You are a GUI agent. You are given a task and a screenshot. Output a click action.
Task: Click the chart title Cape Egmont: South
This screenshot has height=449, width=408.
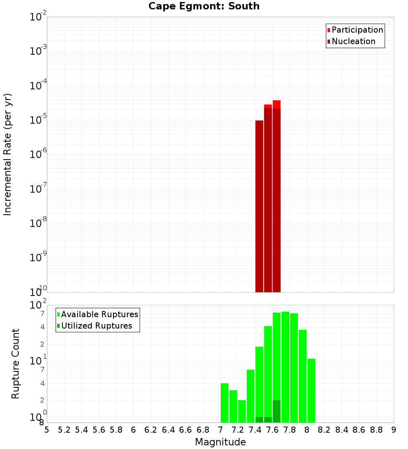[x=204, y=6]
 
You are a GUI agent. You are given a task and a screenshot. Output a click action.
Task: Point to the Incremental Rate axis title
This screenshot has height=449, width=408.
[x=8, y=154]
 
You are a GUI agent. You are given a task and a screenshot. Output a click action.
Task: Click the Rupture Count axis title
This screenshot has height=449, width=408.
[x=16, y=364]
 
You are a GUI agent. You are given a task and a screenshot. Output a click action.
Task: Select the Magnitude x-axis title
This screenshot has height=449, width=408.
[x=220, y=442]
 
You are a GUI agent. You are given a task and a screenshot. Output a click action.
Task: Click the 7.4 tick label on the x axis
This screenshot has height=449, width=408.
[x=255, y=430]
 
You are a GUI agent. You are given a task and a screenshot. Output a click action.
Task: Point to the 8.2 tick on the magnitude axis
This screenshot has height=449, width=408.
[x=324, y=430]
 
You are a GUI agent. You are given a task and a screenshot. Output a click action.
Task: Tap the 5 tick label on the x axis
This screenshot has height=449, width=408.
[x=47, y=430]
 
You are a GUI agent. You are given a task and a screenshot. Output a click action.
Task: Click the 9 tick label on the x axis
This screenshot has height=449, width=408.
[x=394, y=430]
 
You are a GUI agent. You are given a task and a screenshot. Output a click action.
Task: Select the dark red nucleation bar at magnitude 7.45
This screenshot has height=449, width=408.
[x=259, y=204]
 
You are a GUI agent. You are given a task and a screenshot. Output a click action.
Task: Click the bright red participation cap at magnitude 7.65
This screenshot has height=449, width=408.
[x=277, y=104]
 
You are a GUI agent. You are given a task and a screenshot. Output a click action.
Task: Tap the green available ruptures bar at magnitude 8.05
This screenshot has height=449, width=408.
[x=311, y=390]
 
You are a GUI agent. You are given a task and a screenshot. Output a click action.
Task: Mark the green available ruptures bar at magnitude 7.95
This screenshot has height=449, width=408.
[x=303, y=376]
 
